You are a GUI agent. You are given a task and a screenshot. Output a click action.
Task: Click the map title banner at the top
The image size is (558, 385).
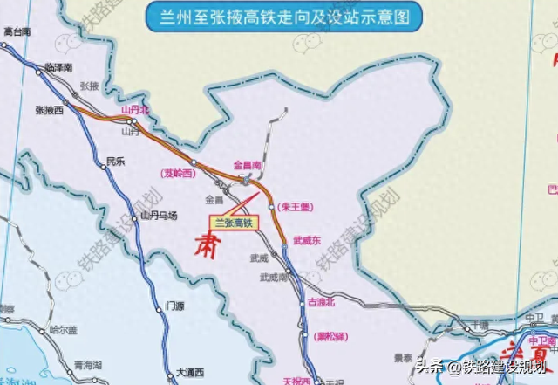(279, 16)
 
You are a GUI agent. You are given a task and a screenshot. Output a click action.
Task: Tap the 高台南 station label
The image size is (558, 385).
(17, 31)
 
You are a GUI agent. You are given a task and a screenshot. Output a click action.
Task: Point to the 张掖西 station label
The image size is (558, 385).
(50, 111)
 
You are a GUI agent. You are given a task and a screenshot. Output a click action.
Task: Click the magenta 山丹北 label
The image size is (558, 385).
(135, 110)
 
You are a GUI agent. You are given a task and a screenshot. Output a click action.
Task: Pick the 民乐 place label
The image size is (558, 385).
(116, 162)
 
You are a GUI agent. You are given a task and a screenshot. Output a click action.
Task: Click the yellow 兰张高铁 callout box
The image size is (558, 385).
(233, 223)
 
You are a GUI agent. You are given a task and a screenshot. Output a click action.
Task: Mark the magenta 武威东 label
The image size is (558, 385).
(307, 241)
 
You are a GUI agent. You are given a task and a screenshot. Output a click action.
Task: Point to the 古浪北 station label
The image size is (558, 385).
(322, 302)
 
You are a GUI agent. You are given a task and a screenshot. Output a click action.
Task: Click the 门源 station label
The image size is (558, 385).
(174, 306)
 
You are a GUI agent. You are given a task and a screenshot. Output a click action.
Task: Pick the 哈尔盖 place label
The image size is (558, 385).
(64, 330)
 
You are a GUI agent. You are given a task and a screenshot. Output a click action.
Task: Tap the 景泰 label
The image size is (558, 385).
(403, 357)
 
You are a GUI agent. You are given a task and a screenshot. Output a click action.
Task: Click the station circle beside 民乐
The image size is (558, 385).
(100, 162)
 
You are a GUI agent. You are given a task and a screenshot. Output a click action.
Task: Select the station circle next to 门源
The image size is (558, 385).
(160, 306)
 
